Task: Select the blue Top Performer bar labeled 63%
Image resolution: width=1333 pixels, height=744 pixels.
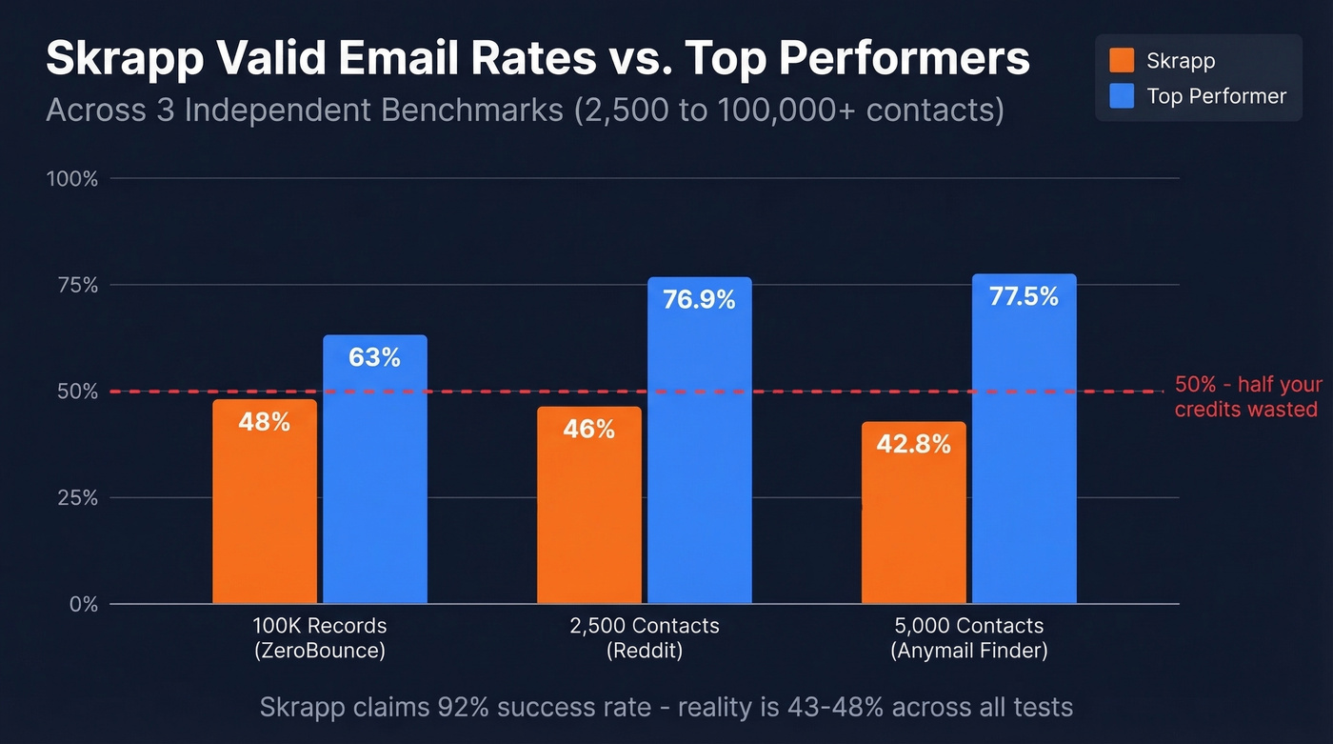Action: pos(375,476)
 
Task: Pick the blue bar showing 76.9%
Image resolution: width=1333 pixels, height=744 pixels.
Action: pos(700,448)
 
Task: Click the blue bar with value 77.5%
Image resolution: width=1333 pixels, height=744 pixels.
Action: pos(1025,448)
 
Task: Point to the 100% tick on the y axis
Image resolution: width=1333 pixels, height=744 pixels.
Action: pos(72,178)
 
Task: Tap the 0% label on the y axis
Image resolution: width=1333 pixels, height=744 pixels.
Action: pos(82,604)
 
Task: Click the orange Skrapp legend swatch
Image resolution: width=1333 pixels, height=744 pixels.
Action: pos(1122,61)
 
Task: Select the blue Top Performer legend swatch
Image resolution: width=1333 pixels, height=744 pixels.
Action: pos(1122,96)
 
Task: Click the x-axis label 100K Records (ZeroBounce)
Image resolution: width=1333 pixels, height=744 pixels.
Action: pos(320,638)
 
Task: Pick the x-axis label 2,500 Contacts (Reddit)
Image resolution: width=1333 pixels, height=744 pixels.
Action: pos(645,638)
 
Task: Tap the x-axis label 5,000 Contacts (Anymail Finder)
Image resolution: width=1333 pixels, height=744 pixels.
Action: pos(969,638)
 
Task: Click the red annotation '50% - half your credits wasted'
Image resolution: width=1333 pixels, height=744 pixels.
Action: pos(1247,396)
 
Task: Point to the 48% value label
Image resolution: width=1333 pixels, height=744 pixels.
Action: pos(265,421)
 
